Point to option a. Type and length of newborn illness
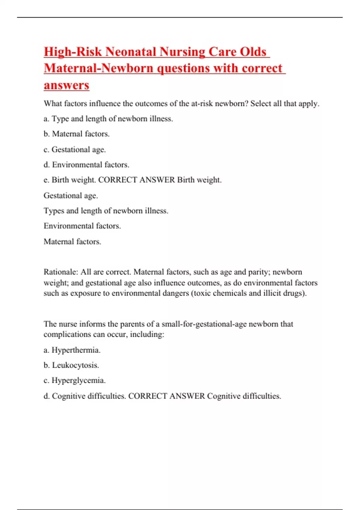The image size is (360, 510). (108, 119)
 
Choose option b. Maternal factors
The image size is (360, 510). (76, 134)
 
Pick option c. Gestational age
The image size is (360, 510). (75, 149)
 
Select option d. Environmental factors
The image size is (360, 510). (86, 165)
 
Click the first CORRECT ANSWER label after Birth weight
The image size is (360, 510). (136, 180)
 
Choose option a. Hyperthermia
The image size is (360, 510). (72, 350)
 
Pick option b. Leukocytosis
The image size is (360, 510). (71, 365)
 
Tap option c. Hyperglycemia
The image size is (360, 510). (75, 380)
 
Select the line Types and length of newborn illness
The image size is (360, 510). (106, 211)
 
